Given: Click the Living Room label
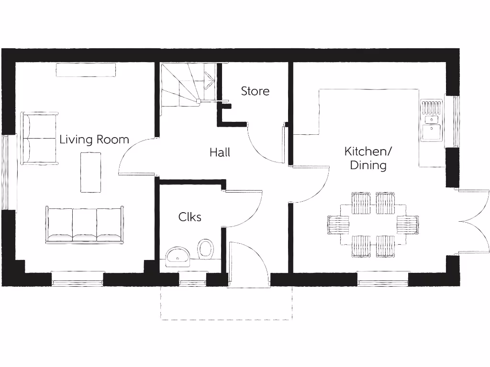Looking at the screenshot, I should coord(94,140).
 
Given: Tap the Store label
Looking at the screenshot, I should coord(255,91).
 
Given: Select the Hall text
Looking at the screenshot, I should coord(220,152).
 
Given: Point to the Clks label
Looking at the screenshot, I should coord(190,217).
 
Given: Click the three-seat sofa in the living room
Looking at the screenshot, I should coord(85,225).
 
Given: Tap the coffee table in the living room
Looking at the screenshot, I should coord(90,172).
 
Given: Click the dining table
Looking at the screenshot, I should coord(373,225).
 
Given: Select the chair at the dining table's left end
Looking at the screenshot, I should coord(336,225).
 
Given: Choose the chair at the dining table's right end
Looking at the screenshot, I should coord(408,225).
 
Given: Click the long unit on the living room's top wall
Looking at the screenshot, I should coord(86,70).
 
